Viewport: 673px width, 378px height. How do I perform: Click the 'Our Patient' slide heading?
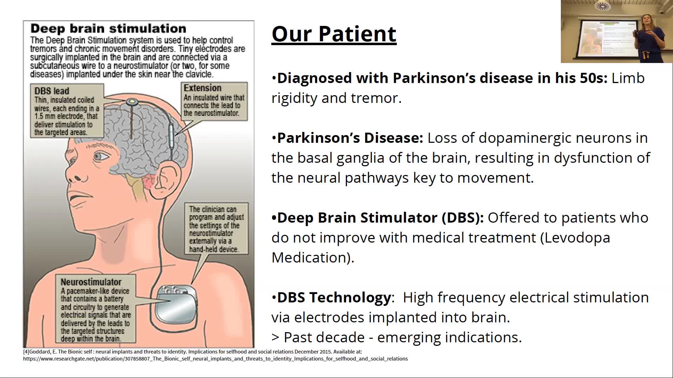(x=334, y=34)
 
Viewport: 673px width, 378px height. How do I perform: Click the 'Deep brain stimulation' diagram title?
(x=108, y=29)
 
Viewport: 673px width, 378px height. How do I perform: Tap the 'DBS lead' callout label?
(x=52, y=91)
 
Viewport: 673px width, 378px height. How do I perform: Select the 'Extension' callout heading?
(x=202, y=88)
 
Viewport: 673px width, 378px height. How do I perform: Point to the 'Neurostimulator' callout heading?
(x=91, y=282)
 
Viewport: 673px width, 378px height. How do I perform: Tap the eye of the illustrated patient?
(x=101, y=156)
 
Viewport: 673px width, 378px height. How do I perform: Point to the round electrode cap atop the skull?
(x=132, y=102)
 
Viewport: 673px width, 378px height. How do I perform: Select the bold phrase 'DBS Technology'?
(x=334, y=298)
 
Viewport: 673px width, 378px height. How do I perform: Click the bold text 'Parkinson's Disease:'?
(x=350, y=138)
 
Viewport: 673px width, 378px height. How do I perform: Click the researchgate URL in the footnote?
(x=215, y=359)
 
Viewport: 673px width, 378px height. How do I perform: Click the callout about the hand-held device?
(x=216, y=229)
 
